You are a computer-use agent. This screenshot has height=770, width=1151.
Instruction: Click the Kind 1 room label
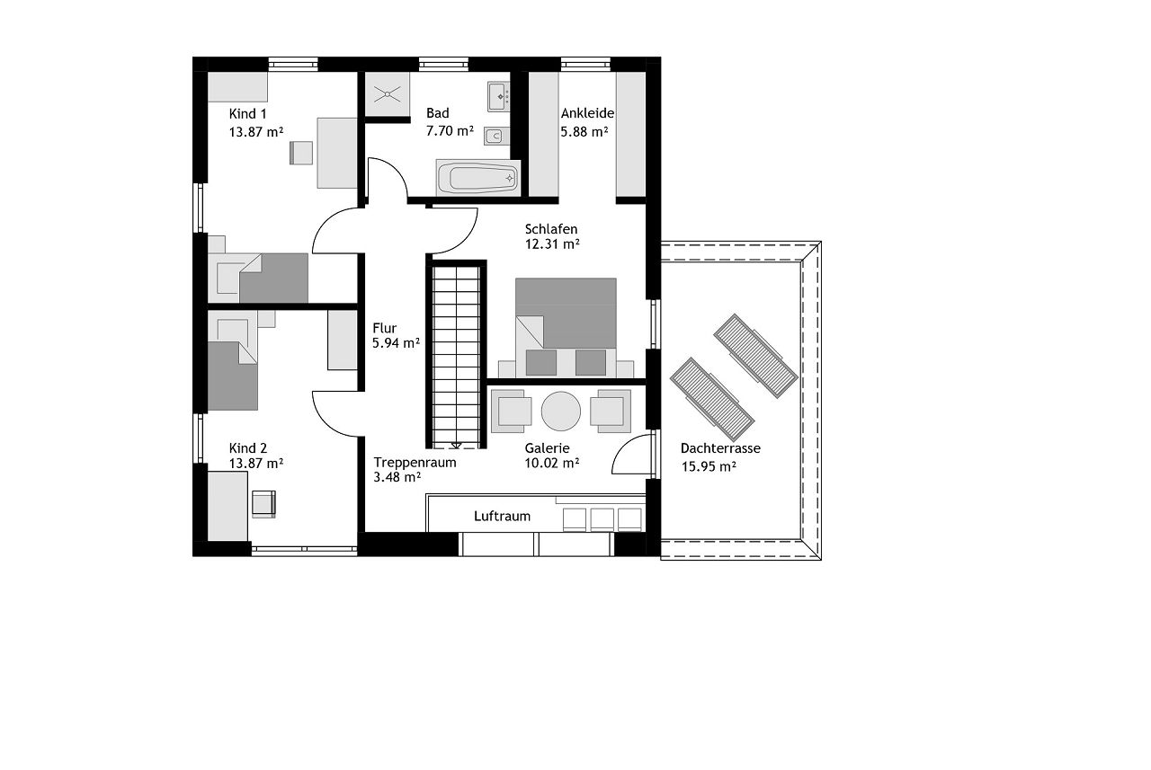(x=247, y=113)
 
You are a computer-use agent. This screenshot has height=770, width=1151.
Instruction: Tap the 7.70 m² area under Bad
(x=450, y=131)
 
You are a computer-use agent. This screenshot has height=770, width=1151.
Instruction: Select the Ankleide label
(x=587, y=113)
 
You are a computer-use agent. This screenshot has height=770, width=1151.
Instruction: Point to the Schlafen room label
(x=551, y=229)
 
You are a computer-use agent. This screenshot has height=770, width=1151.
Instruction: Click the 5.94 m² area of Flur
(x=397, y=343)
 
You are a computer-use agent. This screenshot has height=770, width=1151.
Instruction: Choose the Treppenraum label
(x=415, y=463)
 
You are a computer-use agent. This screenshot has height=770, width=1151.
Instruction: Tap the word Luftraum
(x=502, y=516)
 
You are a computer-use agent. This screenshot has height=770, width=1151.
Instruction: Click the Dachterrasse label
(x=720, y=448)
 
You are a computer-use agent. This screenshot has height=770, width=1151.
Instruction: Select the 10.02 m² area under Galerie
(x=552, y=463)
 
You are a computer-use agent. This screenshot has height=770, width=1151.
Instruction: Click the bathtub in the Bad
(x=477, y=178)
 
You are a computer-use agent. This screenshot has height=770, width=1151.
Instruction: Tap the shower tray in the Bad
(x=387, y=94)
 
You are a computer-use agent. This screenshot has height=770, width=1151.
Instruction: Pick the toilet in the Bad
(x=496, y=137)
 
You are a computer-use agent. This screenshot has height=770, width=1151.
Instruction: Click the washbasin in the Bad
(x=498, y=96)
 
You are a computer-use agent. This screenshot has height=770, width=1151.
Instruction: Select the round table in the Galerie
(x=560, y=412)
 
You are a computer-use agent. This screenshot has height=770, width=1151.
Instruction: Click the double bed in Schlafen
(x=566, y=328)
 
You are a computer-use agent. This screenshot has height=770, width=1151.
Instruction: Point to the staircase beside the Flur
(x=456, y=354)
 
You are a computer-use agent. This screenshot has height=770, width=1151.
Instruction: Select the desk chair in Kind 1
(x=301, y=153)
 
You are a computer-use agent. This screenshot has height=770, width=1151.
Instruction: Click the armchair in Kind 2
(x=263, y=503)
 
